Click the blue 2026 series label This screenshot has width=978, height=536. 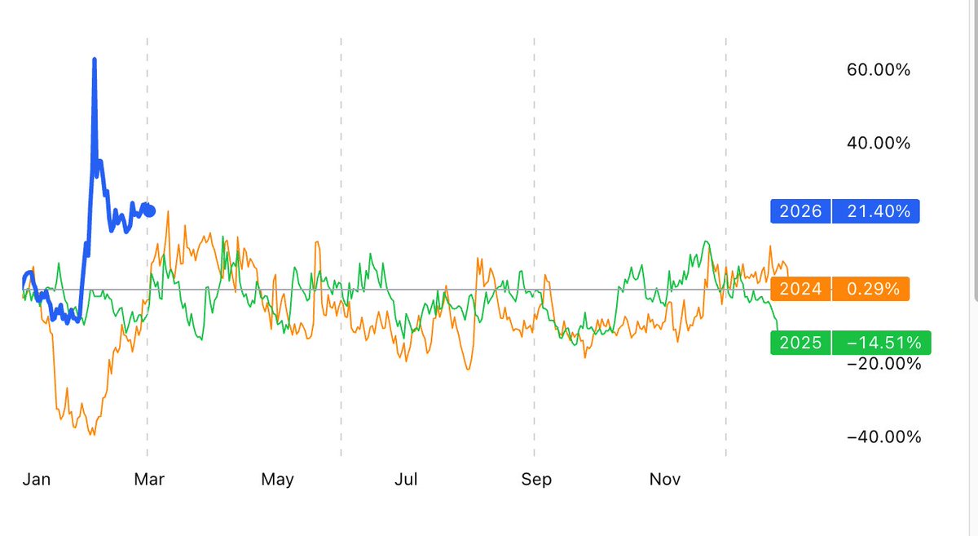(x=800, y=212)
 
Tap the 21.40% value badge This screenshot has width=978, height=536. (x=875, y=212)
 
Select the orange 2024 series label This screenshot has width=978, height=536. (x=800, y=289)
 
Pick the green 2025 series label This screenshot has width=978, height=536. (x=800, y=343)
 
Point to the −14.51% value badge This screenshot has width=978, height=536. (x=881, y=343)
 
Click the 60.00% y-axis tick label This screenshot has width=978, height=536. (x=879, y=70)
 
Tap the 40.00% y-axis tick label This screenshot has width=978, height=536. (x=879, y=144)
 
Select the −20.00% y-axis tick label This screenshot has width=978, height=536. (x=884, y=363)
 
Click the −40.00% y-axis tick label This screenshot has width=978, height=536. (x=884, y=437)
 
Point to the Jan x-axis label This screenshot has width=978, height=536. (x=37, y=480)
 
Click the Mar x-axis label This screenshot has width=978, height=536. (x=149, y=480)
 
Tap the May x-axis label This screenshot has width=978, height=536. (x=278, y=480)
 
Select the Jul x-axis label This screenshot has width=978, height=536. (x=406, y=480)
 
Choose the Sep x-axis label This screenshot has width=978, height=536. (x=536, y=480)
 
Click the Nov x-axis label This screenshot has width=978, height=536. (x=665, y=480)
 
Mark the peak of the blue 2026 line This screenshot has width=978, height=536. (x=95, y=60)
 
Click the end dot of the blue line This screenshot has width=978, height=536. (x=149, y=210)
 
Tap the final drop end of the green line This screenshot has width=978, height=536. (x=778, y=326)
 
